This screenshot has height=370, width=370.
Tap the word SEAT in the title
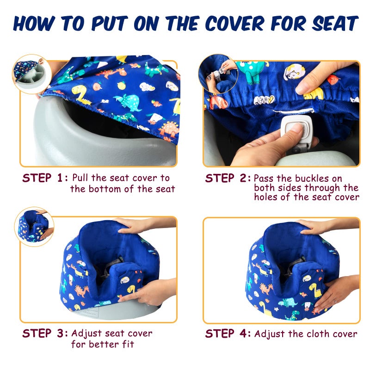334,23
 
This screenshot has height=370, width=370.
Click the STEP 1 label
45,178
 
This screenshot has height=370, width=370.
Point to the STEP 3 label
45,333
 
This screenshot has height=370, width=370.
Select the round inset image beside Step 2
217,74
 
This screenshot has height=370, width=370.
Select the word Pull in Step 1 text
82,178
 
